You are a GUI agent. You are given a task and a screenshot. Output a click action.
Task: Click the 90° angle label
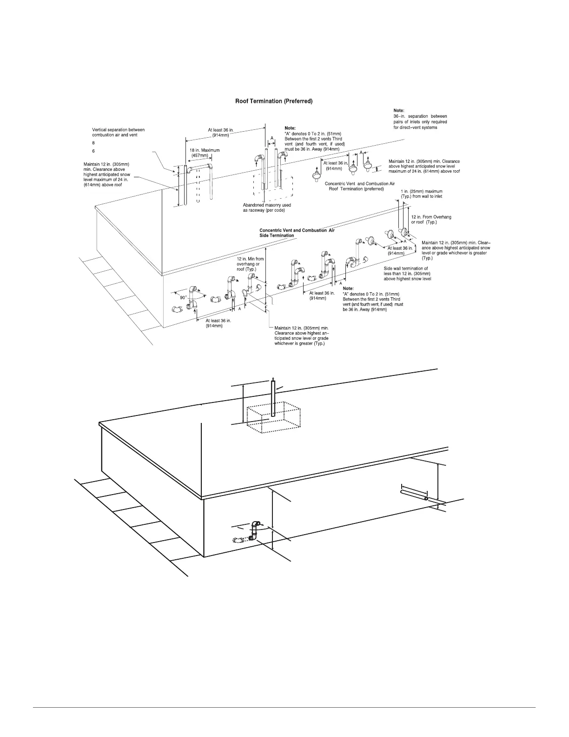[x=184, y=297]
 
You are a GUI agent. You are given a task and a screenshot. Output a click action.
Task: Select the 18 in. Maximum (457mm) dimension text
[x=205, y=153]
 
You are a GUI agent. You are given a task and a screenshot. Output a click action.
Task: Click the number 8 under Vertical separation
[x=93, y=143]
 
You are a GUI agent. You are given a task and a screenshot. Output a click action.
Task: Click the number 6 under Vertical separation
[x=93, y=151]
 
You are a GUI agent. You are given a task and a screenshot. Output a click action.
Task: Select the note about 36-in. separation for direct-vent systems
[x=420, y=119]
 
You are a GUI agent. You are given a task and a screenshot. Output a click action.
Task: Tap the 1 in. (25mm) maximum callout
[x=421, y=194]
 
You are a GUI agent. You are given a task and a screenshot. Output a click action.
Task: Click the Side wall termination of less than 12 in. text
[x=407, y=274]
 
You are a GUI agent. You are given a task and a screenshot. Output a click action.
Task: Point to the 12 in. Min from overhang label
[x=250, y=264]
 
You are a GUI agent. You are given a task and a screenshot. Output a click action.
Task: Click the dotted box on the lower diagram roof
[x=273, y=415]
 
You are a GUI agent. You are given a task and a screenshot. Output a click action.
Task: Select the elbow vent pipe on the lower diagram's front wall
[x=254, y=531]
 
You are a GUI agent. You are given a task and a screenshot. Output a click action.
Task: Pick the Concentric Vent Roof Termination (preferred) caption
[x=359, y=186]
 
